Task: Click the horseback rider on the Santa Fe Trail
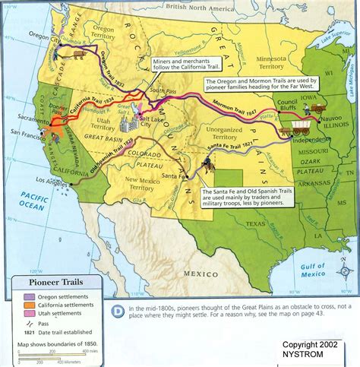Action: pos(207,163)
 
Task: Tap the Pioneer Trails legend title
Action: pos(53,283)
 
